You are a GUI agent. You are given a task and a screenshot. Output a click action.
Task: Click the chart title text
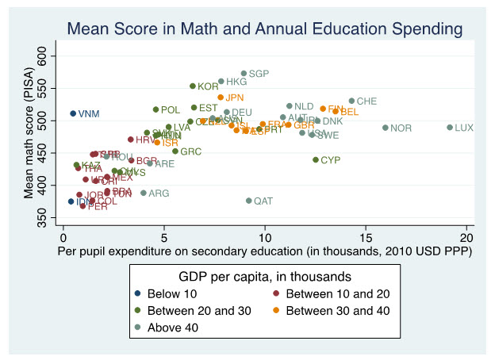[264, 29]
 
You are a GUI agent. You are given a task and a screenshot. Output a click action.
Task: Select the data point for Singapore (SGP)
[244, 74]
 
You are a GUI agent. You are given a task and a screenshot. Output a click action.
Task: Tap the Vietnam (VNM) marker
[73, 113]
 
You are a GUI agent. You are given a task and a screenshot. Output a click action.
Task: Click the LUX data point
[450, 128]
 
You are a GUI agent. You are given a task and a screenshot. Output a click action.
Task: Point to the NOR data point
[386, 128]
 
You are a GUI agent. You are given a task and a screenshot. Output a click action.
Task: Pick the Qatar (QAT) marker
[249, 201]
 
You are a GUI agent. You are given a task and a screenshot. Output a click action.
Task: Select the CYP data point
[316, 159]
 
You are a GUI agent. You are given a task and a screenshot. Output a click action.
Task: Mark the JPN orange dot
[221, 98]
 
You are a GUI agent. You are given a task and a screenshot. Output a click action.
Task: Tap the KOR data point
[192, 86]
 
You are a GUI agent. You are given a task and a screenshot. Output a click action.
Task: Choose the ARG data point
[144, 193]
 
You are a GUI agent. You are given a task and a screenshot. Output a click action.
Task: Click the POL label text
[170, 110]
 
